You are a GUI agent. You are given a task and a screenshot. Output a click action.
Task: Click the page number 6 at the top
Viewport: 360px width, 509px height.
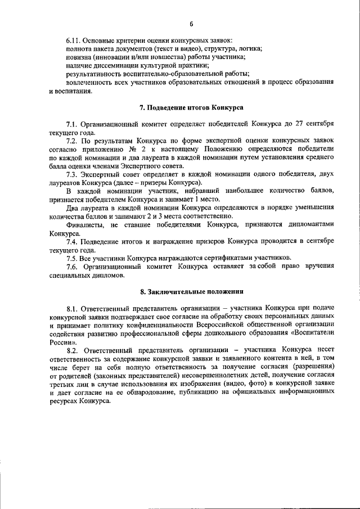tap(191, 23)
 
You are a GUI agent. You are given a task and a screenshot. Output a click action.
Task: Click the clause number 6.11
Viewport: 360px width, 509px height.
tap(74, 41)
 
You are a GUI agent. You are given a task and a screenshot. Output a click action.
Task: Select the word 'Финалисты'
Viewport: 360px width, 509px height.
tap(85, 223)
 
